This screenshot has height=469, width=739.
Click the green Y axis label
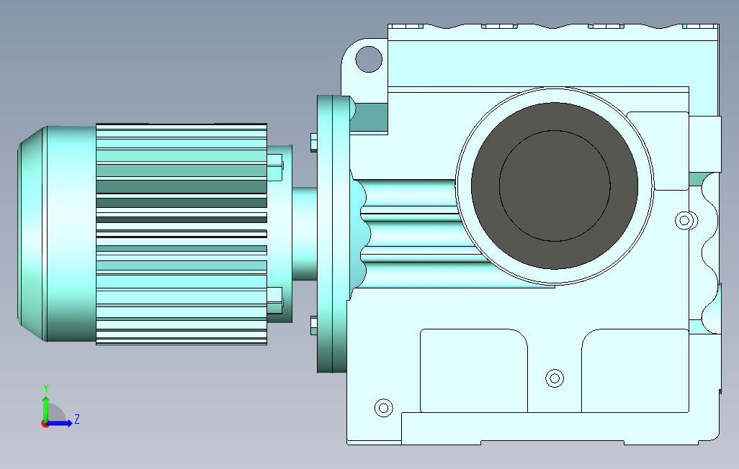pyautogui.click(x=46, y=388)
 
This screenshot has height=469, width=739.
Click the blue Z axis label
pyautogui.click(x=77, y=419)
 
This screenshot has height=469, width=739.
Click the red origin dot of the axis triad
pyautogui.click(x=45, y=424)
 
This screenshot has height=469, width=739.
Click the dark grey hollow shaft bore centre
pyautogui.click(x=555, y=186)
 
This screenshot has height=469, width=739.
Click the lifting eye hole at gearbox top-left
pyautogui.click(x=369, y=59)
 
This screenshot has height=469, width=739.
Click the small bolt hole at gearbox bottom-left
pyautogui.click(x=384, y=407)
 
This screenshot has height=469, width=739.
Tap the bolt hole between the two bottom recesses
pyautogui.click(x=555, y=378)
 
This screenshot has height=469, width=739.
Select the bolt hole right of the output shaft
pyautogui.click(x=685, y=220)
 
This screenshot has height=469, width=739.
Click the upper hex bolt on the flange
pyautogui.click(x=314, y=142)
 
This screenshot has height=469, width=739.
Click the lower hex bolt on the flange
pyautogui.click(x=314, y=325)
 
